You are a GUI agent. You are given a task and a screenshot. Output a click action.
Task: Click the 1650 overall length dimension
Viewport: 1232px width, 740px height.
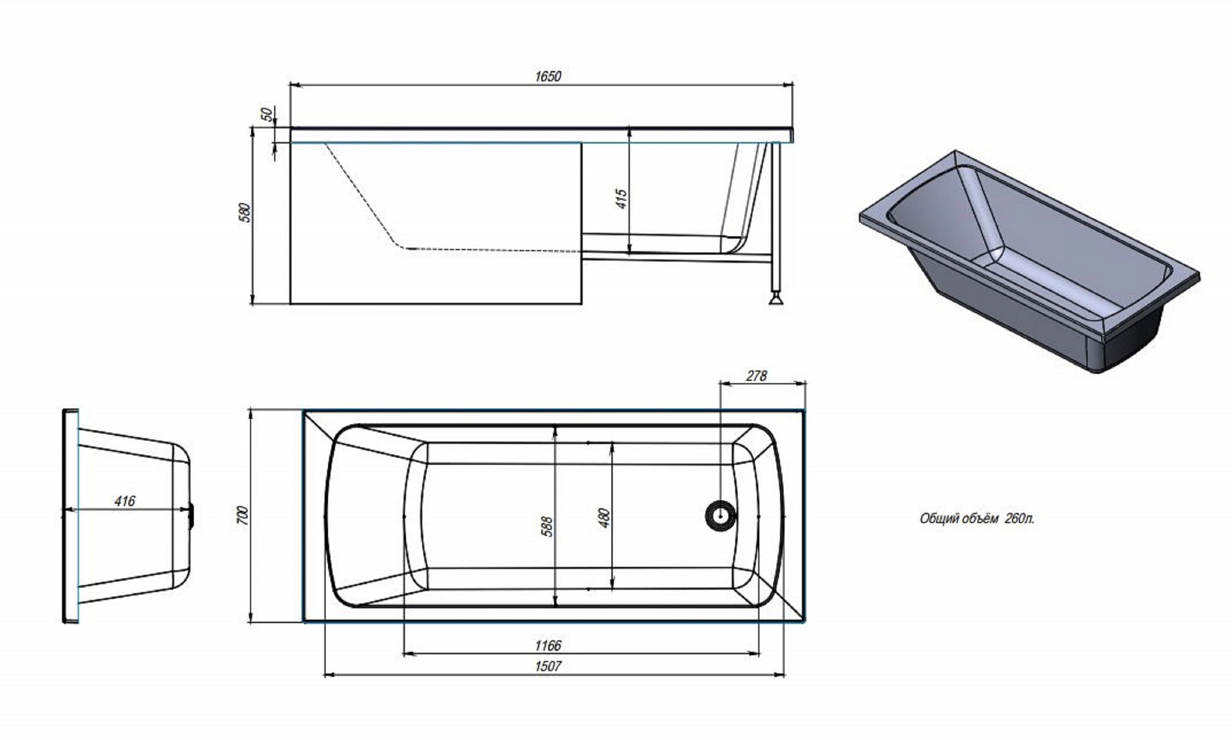pos(548,76)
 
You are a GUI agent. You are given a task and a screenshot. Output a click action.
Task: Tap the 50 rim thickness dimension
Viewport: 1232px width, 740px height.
pos(266,115)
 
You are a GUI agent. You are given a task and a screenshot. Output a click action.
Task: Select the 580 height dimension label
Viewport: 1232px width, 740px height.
pos(245,212)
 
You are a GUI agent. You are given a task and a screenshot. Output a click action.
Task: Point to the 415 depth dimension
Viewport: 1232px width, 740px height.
pos(621,199)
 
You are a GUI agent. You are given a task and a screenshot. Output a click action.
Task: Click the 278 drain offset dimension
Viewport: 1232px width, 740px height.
pos(756,376)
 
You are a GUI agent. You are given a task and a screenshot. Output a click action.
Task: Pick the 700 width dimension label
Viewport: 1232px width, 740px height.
pos(243,515)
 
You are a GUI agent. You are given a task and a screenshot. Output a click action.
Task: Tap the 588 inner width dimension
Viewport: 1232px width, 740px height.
pos(546,526)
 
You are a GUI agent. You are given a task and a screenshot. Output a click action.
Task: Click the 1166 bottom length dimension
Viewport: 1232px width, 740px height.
pos(548,645)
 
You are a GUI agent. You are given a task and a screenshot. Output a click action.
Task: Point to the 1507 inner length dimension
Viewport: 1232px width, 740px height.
pos(548,666)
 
